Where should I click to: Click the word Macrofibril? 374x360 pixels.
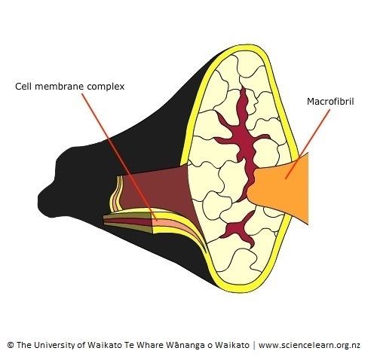click(330, 102)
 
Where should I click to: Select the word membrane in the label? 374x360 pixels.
click(60, 86)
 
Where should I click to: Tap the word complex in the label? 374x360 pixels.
click(106, 87)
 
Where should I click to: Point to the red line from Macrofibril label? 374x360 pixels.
click(308, 144)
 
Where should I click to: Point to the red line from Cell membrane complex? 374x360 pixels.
click(120, 157)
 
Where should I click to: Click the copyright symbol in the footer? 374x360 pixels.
click(11, 345)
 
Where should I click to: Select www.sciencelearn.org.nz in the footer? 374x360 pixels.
click(309, 345)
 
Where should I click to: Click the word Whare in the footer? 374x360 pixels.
click(151, 345)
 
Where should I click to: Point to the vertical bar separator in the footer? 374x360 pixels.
click(254, 345)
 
